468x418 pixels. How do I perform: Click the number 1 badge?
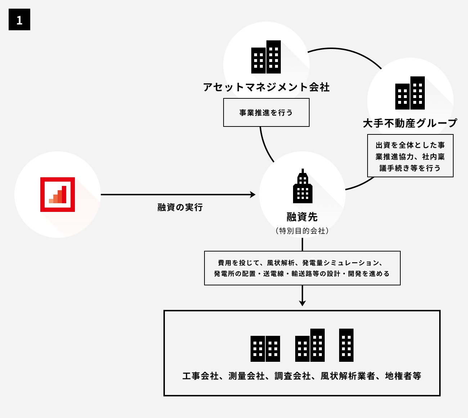coord(19,20)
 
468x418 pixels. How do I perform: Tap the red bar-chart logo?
coord(58,195)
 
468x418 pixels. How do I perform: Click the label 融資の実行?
coord(180,207)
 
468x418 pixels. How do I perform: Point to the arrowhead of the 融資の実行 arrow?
coord(253,195)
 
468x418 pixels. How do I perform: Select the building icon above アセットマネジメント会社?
coord(266,57)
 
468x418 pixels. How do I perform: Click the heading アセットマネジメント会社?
coord(266,87)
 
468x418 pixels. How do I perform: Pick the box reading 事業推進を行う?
coord(266,112)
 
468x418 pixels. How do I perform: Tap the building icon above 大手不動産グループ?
coord(410,93)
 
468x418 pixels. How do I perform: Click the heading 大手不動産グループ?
coord(410,123)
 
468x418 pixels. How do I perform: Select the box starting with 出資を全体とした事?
coord(410,156)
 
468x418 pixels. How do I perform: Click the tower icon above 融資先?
coord(302,186)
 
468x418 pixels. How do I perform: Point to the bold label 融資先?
coord(302,217)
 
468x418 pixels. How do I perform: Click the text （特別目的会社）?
coord(302,231)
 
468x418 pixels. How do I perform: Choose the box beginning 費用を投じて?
coord(302,268)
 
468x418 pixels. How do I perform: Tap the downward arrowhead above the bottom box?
coord(302,303)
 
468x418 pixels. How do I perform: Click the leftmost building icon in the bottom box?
coord(265,348)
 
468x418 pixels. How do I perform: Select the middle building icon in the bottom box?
coord(310,345)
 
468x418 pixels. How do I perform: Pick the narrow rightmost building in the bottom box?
coord(346,345)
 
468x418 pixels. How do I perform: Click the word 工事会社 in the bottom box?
coord(200,376)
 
